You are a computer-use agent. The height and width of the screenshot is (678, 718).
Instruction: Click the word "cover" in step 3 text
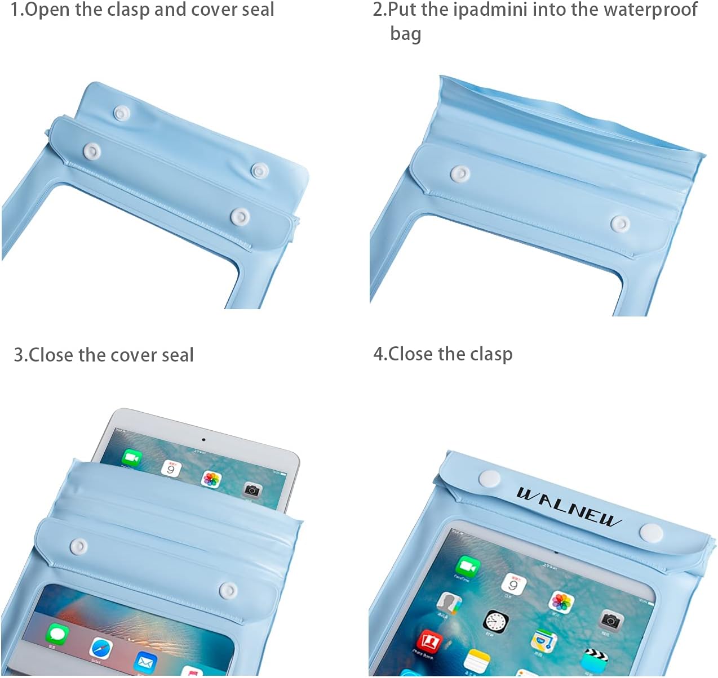(134, 355)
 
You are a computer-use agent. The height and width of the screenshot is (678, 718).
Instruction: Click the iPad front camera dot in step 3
(203, 440)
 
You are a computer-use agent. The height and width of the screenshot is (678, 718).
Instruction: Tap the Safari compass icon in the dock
(101, 649)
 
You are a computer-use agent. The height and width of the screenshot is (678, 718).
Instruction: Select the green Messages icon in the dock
(57, 634)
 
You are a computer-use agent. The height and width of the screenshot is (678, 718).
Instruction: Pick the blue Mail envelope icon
(145, 662)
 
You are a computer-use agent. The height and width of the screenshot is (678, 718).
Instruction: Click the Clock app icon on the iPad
(496, 622)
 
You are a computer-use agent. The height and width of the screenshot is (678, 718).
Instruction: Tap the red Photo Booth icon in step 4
(429, 641)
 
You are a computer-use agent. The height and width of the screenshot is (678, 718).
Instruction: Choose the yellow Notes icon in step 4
(477, 659)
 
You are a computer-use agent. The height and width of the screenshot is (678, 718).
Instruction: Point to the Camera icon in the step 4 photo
(611, 620)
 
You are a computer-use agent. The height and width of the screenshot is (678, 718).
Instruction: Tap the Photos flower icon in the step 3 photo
(211, 479)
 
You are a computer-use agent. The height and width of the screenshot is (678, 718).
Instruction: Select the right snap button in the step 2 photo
(620, 224)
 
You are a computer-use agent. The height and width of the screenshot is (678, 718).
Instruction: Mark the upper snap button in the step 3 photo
(78, 546)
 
